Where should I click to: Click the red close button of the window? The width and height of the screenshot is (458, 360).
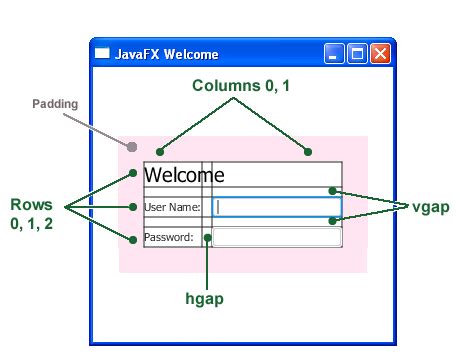380,54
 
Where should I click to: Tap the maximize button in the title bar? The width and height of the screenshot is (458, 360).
357,54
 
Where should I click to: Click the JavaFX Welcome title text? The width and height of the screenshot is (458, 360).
167,54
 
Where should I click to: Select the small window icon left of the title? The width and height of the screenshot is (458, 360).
102,54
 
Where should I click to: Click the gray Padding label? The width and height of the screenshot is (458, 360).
55,103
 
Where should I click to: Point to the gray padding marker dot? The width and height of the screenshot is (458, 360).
132,147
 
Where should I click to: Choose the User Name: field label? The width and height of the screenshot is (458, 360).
172,208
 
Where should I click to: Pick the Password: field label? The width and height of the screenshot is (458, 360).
168,238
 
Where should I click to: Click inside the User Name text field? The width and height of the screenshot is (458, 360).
278,207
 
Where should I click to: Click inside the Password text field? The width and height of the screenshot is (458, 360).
277,237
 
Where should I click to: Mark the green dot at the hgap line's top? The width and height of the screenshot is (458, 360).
208,238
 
